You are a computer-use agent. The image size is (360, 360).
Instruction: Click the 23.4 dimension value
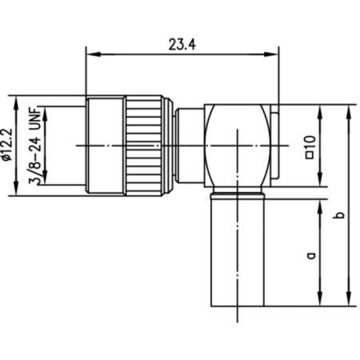pyautogui.click(x=183, y=46)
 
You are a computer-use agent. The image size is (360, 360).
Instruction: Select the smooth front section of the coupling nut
pyautogui.click(x=104, y=145)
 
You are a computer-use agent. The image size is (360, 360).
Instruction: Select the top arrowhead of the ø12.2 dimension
pyautogui.click(x=15, y=102)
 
